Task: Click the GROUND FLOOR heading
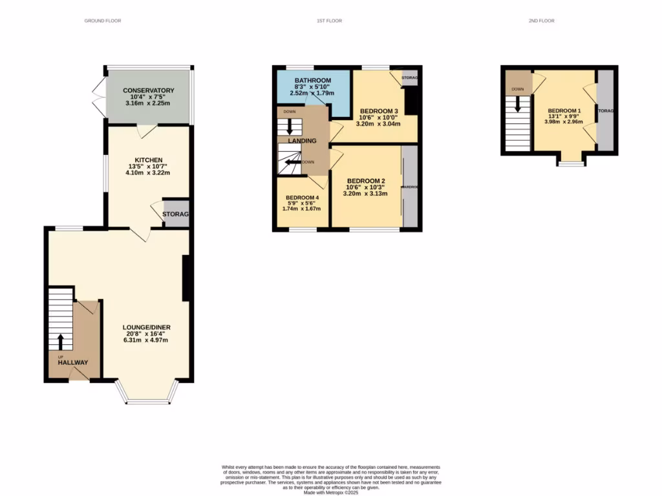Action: click(103, 21)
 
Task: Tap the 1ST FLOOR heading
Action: click(329, 21)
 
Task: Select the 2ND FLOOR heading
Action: click(541, 21)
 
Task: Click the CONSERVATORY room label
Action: click(149, 90)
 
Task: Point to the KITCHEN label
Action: click(148, 160)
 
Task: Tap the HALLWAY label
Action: click(73, 362)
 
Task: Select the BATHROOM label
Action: click(313, 80)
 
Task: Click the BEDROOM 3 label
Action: click(378, 110)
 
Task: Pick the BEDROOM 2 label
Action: click(366, 181)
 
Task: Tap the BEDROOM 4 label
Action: click(303, 198)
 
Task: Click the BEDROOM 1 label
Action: click(564, 110)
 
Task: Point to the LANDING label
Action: click(302, 141)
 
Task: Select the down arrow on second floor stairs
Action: click(517, 103)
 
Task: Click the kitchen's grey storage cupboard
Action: click(176, 214)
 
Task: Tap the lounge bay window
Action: click(148, 401)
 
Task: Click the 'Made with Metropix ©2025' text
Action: click(330, 492)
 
